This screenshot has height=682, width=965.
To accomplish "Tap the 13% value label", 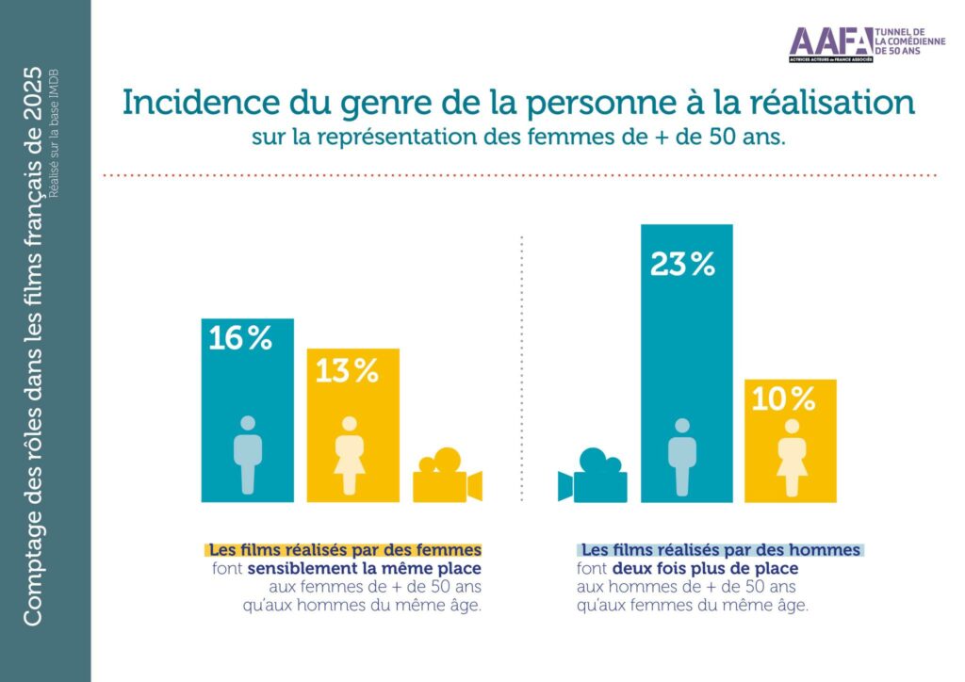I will [x=346, y=371].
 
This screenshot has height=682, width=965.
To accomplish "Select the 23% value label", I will [x=682, y=266].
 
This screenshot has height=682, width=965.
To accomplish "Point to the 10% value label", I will [x=783, y=400].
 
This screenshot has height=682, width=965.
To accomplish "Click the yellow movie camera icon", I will [x=446, y=477].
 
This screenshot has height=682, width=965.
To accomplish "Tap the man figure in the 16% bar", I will [x=247, y=455].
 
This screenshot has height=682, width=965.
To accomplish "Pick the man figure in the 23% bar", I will [x=682, y=456].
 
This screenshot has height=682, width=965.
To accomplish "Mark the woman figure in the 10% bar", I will [x=791, y=458].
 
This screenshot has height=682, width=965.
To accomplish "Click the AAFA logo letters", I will [x=829, y=42].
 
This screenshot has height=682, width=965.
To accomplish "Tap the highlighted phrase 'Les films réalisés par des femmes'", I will [x=345, y=549].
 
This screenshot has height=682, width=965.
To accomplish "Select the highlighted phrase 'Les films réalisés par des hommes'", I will [x=720, y=549].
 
